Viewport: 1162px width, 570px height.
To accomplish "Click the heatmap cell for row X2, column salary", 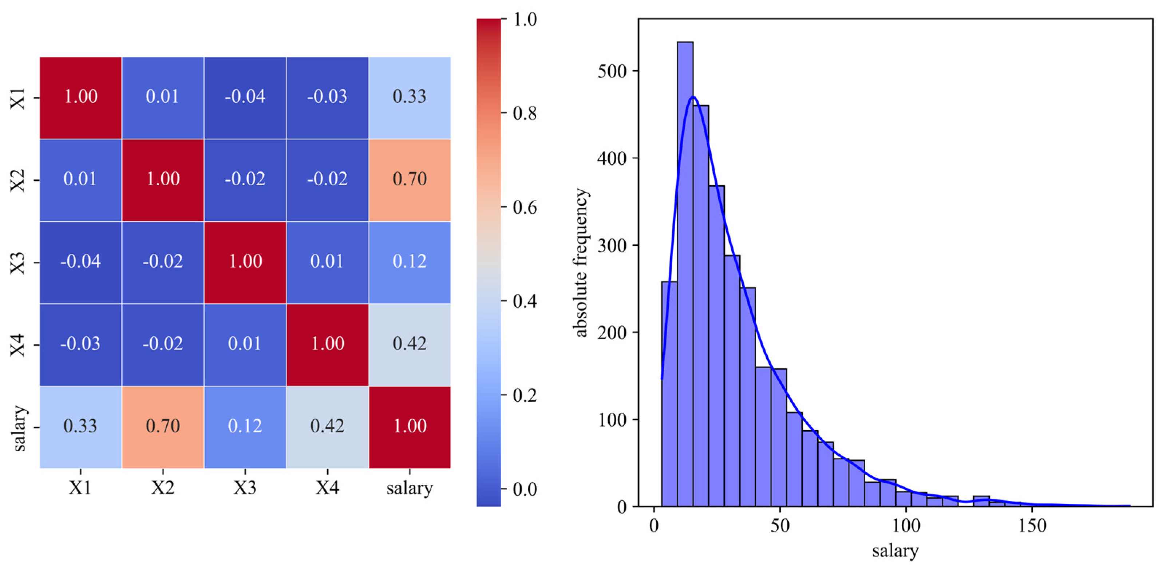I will (410, 180).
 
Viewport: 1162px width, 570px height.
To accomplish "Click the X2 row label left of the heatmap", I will (18, 180).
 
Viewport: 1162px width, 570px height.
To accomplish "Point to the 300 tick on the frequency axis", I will (612, 245).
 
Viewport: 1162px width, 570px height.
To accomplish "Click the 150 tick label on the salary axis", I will (1032, 526).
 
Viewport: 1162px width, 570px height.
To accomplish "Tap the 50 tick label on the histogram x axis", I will (780, 526).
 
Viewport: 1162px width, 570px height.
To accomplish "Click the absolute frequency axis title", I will (581, 262).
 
